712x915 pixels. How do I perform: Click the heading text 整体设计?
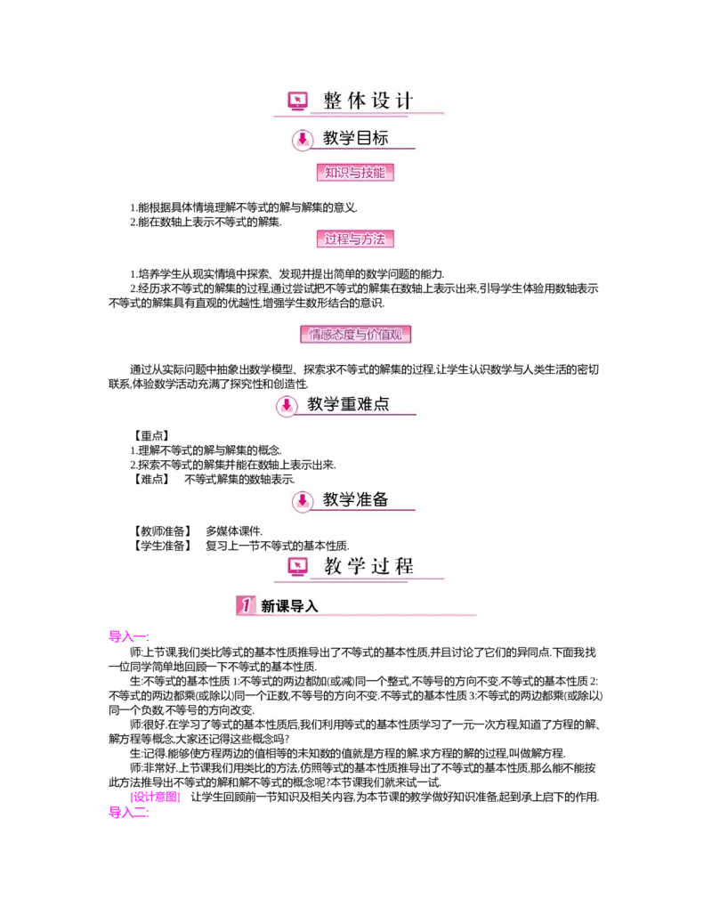click(x=368, y=101)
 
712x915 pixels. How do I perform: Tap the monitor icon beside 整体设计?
click(x=298, y=101)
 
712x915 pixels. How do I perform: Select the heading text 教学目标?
click(x=355, y=138)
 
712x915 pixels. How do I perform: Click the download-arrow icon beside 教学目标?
click(x=303, y=139)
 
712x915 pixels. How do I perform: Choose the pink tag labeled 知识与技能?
click(x=355, y=172)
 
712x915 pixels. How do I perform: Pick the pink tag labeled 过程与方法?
click(x=355, y=239)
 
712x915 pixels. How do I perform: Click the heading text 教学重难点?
click(x=348, y=404)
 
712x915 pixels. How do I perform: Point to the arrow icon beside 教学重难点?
click(x=286, y=406)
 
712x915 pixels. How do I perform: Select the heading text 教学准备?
click(x=355, y=499)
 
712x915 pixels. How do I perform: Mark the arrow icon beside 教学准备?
click(x=303, y=501)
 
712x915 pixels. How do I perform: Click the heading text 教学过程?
click(x=368, y=566)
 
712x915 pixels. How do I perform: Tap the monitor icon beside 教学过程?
click(x=298, y=566)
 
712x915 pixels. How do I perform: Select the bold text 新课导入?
click(x=289, y=606)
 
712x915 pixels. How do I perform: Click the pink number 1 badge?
click(x=245, y=605)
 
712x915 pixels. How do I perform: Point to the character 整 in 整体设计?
click(x=333, y=101)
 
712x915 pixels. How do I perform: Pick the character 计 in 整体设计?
click(x=405, y=101)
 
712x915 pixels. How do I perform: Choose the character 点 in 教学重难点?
click(x=381, y=404)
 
